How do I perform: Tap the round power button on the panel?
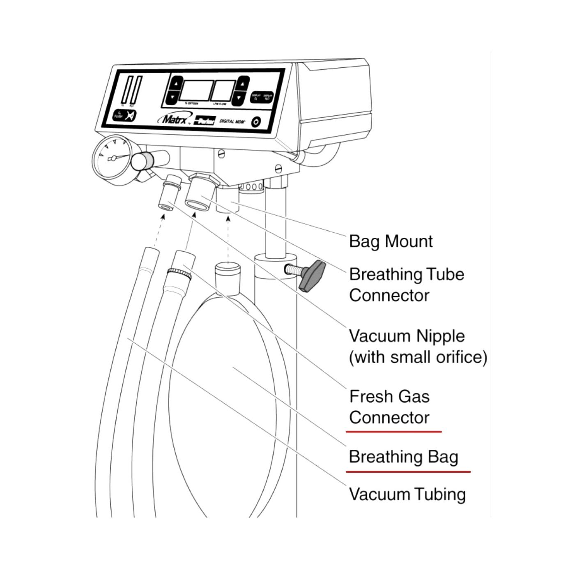click(x=256, y=122)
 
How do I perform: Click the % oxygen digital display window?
click(x=195, y=91)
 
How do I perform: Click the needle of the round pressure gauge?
click(x=117, y=157)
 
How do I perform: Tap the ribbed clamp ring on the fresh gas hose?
click(x=179, y=272)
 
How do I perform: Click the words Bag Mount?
click(x=391, y=241)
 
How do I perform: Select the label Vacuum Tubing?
click(x=407, y=494)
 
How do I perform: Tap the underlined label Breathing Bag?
click(x=403, y=457)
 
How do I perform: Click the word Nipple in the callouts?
click(x=441, y=336)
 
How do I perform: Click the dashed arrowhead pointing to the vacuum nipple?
click(x=163, y=216)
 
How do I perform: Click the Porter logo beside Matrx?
click(x=205, y=120)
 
